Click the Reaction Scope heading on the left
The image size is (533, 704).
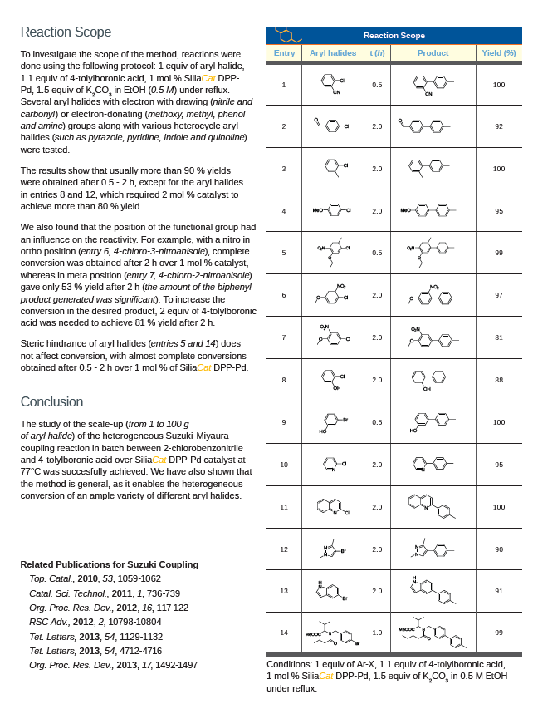(66, 32)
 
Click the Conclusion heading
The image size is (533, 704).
(51, 401)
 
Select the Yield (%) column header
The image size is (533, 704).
(498, 53)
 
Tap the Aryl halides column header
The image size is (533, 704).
(332, 53)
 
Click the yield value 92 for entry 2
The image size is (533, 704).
(498, 126)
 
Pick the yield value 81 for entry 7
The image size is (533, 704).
(498, 337)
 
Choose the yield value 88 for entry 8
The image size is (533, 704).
(498, 380)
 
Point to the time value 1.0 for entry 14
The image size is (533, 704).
(377, 633)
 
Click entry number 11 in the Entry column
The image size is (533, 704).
(284, 506)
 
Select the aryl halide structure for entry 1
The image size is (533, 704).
(333, 84)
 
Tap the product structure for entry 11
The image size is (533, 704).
(433, 506)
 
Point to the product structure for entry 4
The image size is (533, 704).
(433, 211)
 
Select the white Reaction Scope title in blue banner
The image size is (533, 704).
(394, 36)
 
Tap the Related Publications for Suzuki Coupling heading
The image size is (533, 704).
(109, 564)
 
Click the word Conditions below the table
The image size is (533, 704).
(288, 665)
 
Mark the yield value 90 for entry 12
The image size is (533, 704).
(498, 549)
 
